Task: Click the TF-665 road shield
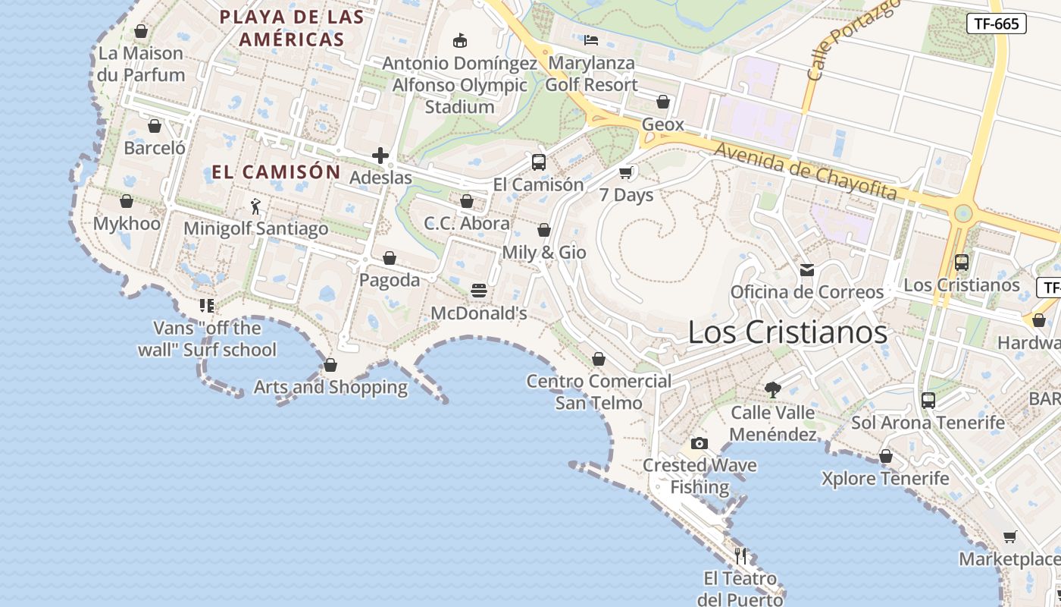[x=996, y=24]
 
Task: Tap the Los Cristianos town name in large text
[x=787, y=332]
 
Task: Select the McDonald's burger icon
[x=478, y=291]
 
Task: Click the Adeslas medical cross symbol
[x=380, y=156]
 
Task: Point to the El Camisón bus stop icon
[x=538, y=162]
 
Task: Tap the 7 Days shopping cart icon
[x=626, y=172]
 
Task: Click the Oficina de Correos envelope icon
[x=806, y=269]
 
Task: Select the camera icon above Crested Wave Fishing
[x=699, y=443]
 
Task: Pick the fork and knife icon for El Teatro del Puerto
[x=740, y=556]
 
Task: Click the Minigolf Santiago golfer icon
[x=255, y=206]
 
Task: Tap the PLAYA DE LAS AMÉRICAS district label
[x=292, y=28]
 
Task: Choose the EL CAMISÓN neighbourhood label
[x=276, y=171]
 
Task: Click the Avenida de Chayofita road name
[x=805, y=171]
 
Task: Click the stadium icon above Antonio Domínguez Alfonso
[x=459, y=40]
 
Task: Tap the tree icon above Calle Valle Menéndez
[x=773, y=390]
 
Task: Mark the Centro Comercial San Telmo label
[x=599, y=392]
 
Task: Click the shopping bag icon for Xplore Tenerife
[x=885, y=456]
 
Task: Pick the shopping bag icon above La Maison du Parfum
[x=140, y=31]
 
